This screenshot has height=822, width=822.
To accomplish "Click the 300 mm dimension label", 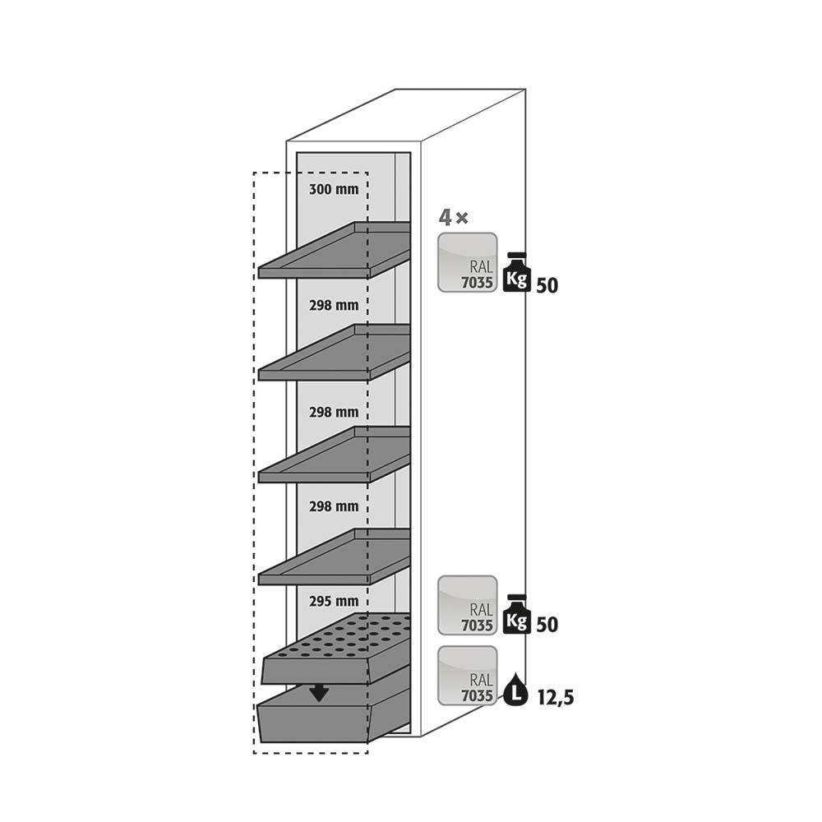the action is tap(334, 190).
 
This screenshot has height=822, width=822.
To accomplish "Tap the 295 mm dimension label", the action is tap(334, 601).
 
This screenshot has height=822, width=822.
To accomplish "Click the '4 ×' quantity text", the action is tap(453, 218).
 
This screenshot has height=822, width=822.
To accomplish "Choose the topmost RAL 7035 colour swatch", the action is tap(468, 262).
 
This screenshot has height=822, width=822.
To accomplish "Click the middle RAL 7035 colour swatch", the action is tap(468, 605).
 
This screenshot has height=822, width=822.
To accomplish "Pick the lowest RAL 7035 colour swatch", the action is tap(468, 676).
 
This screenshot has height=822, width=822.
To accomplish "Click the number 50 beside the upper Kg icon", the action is tap(547, 286).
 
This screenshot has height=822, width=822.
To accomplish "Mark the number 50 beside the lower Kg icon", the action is tap(547, 625).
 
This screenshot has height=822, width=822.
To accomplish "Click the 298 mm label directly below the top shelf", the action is tap(334, 305).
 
